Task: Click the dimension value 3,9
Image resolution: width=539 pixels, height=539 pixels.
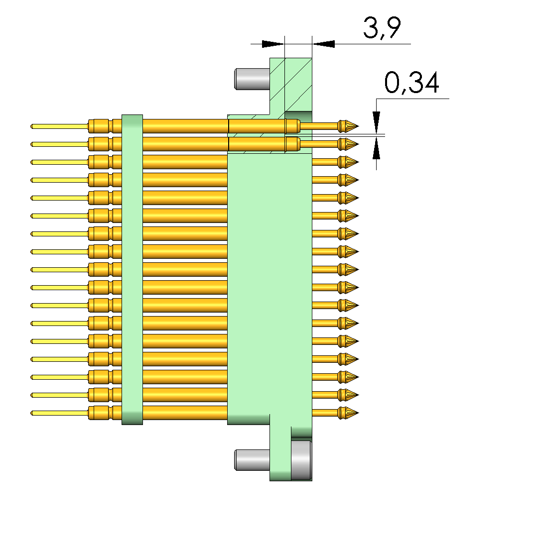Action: coord(382,28)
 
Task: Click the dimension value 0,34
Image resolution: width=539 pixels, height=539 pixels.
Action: coord(411,83)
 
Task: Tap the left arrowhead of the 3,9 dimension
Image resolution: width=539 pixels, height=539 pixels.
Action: coord(273,44)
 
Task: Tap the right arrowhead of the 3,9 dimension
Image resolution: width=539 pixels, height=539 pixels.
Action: coord(324,44)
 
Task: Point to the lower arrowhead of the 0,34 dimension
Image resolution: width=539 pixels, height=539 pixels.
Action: coord(376,148)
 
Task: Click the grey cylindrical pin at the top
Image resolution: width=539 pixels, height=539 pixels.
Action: coord(252,79)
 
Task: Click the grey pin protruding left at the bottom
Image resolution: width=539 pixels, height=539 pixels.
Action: coord(252,460)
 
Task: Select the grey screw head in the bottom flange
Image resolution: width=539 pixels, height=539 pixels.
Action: coord(301,460)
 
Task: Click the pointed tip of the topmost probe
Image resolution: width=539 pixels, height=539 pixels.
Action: coord(359,126)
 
